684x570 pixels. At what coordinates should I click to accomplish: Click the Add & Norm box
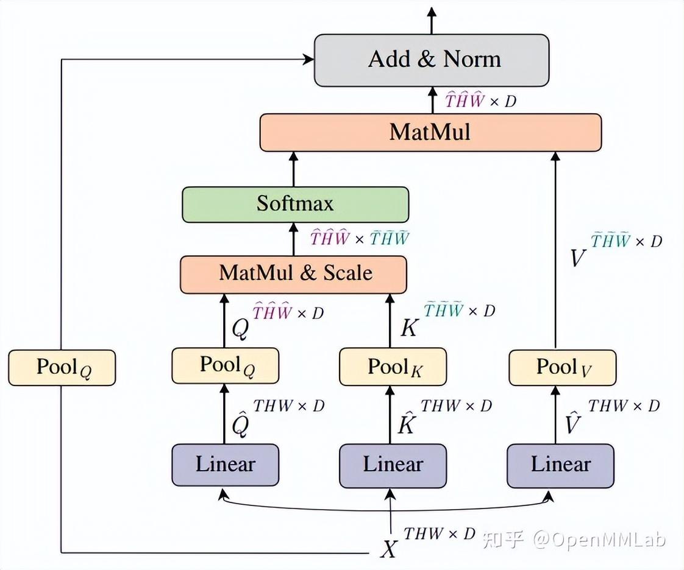tap(432, 60)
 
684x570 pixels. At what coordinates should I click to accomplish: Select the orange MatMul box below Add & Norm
tap(430, 132)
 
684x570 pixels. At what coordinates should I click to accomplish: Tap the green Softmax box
tap(295, 204)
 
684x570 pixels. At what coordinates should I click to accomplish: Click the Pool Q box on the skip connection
tap(62, 367)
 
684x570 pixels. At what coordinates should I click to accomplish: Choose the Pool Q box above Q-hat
tap(225, 365)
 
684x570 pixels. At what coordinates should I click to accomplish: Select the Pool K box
tap(393, 367)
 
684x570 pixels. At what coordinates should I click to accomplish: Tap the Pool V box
tap(561, 367)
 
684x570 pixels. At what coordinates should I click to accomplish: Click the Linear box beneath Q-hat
tap(225, 465)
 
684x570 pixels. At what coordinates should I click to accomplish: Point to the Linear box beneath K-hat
tap(393, 465)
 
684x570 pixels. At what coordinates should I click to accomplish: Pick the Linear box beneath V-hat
tap(561, 465)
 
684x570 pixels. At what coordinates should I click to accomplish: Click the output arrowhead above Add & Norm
tap(432, 12)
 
